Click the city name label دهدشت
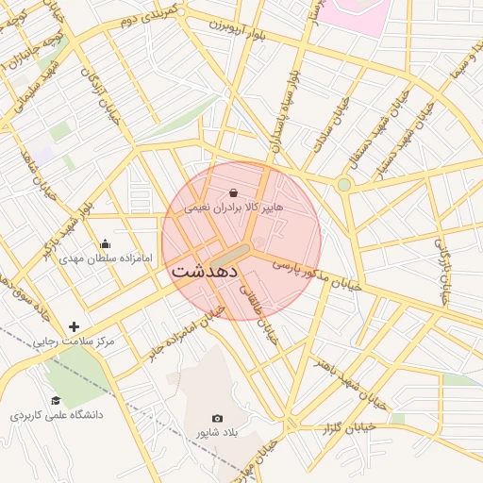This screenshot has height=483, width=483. point(207,270)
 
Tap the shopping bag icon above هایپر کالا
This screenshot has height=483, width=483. point(233,192)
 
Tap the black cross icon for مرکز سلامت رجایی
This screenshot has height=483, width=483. point(75,326)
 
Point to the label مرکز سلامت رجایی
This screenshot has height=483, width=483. point(75,341)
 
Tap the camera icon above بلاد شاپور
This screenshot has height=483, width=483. point(218,418)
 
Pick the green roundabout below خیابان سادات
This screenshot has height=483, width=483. point(344,184)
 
